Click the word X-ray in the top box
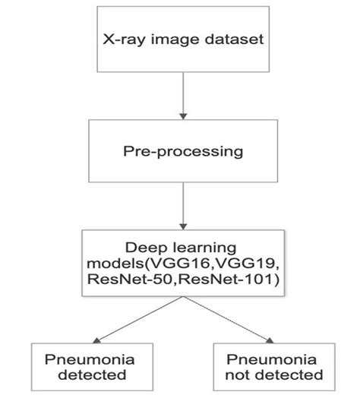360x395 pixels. point(119,39)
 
